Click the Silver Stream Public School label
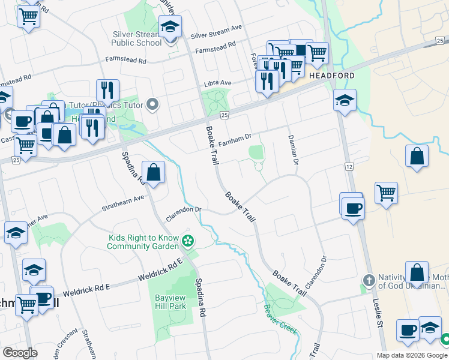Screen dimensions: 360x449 137,38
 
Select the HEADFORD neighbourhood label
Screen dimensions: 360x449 332,76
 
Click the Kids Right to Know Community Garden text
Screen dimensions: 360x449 143,242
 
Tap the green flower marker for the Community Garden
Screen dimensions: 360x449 188,242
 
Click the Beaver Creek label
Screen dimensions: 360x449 280,311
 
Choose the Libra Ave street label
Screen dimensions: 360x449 217,83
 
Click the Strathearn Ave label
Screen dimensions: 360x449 122,199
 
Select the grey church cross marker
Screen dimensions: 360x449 369,280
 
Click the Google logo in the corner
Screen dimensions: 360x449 20,353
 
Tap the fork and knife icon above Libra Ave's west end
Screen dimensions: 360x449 107,90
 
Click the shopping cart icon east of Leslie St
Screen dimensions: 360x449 386,194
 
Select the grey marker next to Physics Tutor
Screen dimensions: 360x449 152,105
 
